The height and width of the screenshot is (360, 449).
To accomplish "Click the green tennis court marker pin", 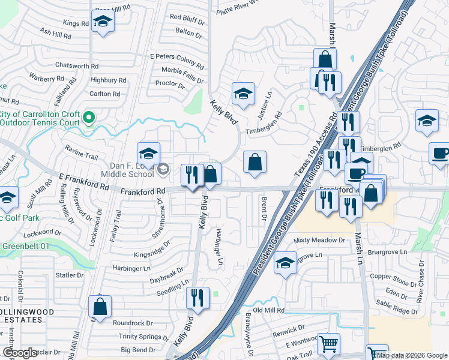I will click(x=89, y=117).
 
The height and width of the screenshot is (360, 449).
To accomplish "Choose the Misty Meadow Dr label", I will click(x=320, y=241).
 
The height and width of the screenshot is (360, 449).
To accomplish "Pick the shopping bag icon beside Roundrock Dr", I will click(x=100, y=307).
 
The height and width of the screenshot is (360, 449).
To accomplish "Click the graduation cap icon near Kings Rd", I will click(x=103, y=22).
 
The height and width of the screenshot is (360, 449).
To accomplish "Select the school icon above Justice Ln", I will click(x=243, y=94).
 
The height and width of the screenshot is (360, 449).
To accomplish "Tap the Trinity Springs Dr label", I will click(x=143, y=337).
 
